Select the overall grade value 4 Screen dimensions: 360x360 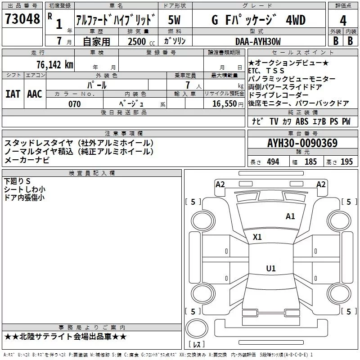coord(343,20)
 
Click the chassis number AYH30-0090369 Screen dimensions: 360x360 coord(302,144)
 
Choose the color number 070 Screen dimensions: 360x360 coord(74,104)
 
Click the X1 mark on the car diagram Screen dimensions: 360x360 coord(257,237)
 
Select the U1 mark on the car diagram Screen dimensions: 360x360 coord(270,269)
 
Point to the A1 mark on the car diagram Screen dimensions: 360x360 coord(290,216)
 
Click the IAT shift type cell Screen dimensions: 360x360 coord(13,94)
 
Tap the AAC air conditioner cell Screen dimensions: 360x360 coord(34,94)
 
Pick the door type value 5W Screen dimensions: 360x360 coord(175,20)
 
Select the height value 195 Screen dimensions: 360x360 coord(346,162)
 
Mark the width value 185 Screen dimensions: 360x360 coord(310,162)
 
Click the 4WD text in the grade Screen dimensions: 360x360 coord(295,20)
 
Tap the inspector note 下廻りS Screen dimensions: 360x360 coord(17,181)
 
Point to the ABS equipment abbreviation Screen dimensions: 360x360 coord(302,121)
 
